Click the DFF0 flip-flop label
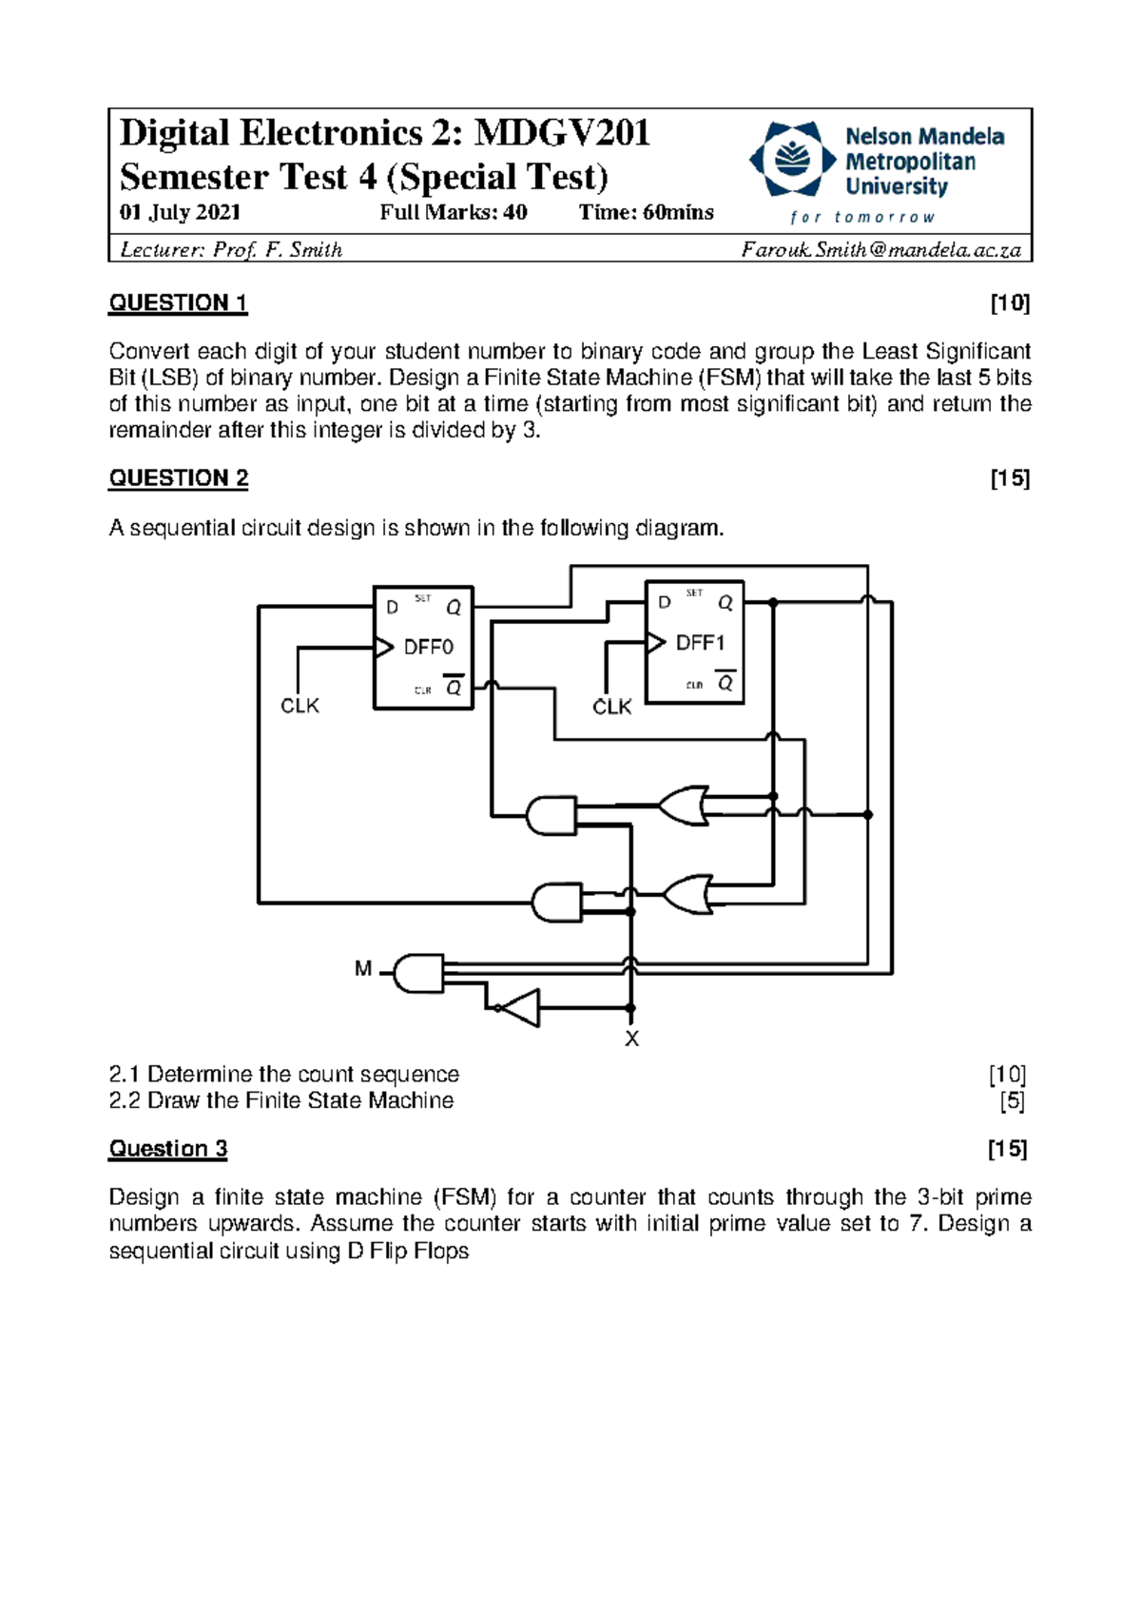click(x=428, y=648)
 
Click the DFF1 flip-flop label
click(x=700, y=644)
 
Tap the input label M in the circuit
click(x=363, y=969)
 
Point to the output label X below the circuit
click(x=631, y=1040)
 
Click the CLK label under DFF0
click(x=300, y=706)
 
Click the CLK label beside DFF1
click(x=611, y=707)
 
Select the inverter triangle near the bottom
click(x=519, y=1008)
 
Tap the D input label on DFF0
click(x=392, y=607)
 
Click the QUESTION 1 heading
click(x=178, y=303)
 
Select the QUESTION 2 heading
click(x=178, y=478)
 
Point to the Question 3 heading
click(x=168, y=1149)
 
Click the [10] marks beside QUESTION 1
click(x=1010, y=303)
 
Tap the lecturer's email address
click(x=880, y=250)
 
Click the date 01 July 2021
click(x=180, y=212)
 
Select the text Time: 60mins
click(x=646, y=212)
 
